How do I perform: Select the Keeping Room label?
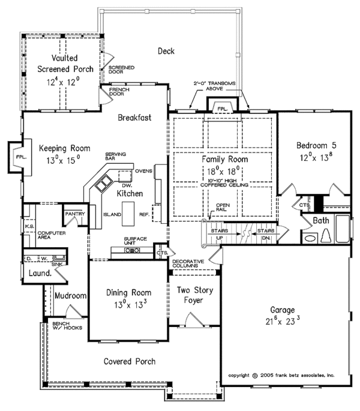pos(64,148)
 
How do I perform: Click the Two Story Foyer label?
pos(193,296)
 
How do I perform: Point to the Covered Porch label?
pos(130,361)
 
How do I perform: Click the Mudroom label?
pos(71,296)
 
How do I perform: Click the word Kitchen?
pos(129,194)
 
